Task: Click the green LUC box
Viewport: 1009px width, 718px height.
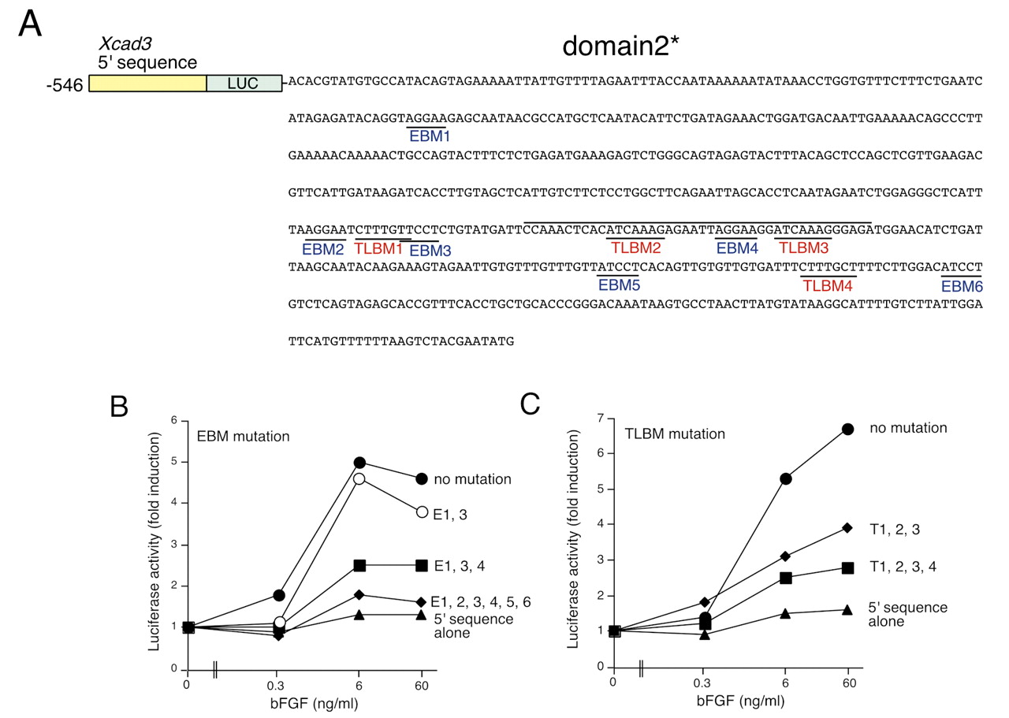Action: pyautogui.click(x=244, y=84)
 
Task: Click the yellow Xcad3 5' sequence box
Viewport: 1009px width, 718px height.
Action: pyautogui.click(x=147, y=84)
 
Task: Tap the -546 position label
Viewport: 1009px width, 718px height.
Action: pyautogui.click(x=65, y=85)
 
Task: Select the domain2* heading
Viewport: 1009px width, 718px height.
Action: pyautogui.click(x=620, y=46)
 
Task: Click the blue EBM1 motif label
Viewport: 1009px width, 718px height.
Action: pyautogui.click(x=430, y=136)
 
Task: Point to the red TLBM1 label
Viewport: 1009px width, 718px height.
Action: pyautogui.click(x=378, y=248)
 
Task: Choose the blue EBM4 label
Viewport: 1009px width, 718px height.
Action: pyautogui.click(x=737, y=248)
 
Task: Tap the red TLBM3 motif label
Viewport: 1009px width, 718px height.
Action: pyautogui.click(x=803, y=247)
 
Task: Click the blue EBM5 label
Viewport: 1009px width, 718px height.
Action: pyautogui.click(x=619, y=285)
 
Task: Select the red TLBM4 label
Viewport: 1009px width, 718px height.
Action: pyautogui.click(x=828, y=285)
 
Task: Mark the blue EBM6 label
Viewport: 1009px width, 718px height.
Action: pyautogui.click(x=962, y=286)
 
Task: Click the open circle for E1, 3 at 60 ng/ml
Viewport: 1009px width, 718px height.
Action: pyautogui.click(x=422, y=512)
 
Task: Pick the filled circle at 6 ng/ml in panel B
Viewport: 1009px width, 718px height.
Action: pyautogui.click(x=359, y=462)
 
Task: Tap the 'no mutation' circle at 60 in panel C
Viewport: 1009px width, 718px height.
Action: pyautogui.click(x=847, y=430)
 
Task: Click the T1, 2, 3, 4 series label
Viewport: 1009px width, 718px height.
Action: pyautogui.click(x=903, y=567)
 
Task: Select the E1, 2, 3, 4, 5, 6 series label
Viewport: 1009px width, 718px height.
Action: pyautogui.click(x=481, y=602)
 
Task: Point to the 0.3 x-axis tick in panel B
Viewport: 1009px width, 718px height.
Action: pyautogui.click(x=276, y=686)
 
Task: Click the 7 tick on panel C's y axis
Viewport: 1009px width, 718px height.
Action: pyautogui.click(x=600, y=419)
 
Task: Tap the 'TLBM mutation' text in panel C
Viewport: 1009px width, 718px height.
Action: pyautogui.click(x=675, y=433)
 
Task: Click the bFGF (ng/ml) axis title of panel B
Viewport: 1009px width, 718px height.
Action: pyautogui.click(x=314, y=704)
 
